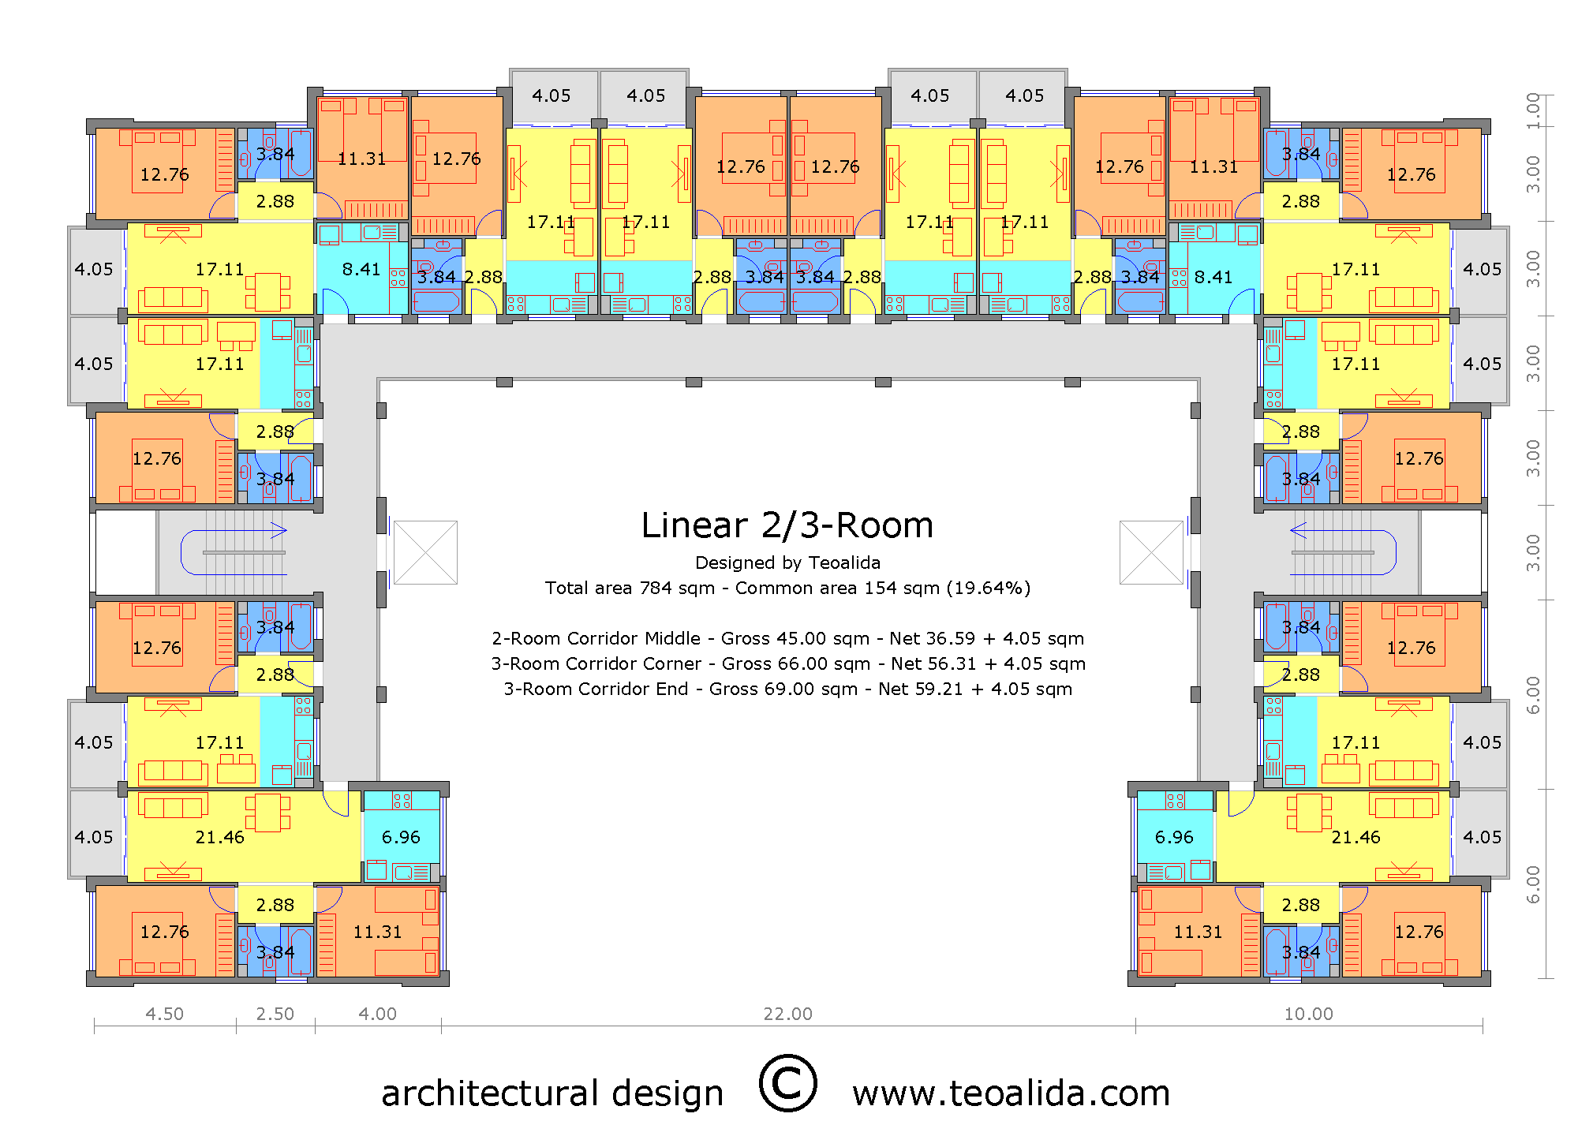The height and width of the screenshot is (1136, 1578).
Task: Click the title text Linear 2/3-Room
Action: coord(787,525)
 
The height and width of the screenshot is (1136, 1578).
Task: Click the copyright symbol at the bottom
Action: coord(787,1083)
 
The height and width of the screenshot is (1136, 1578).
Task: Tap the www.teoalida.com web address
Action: coord(1011,1093)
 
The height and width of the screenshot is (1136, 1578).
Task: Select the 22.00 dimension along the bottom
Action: coord(787,1014)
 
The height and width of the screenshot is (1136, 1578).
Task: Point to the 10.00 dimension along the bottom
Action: coord(1308,1014)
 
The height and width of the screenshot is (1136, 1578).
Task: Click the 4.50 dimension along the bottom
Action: coord(164,1014)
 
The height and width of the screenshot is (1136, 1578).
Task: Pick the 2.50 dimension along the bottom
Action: coord(275,1014)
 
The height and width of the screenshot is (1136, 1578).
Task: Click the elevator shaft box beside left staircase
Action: coord(425,552)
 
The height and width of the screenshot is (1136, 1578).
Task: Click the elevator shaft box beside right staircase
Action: coord(1151,552)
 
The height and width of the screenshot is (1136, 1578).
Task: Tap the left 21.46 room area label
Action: coord(219,837)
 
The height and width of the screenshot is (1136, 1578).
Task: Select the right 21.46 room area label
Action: coord(1356,837)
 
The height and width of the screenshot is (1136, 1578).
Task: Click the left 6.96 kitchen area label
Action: coord(401,837)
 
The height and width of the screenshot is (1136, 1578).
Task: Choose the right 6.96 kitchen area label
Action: coord(1174,837)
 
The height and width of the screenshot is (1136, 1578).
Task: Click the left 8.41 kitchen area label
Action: coord(361,269)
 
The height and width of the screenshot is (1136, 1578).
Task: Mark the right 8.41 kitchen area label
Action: coord(1213,277)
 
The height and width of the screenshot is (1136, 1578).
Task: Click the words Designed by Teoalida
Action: coord(787,562)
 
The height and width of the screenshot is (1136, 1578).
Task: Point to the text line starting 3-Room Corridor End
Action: coord(787,689)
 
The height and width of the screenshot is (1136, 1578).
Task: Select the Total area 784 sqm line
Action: coord(787,588)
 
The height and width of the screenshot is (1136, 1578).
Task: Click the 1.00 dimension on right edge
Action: coord(1533,110)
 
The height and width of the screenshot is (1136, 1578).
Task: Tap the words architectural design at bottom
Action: coord(552,1093)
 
